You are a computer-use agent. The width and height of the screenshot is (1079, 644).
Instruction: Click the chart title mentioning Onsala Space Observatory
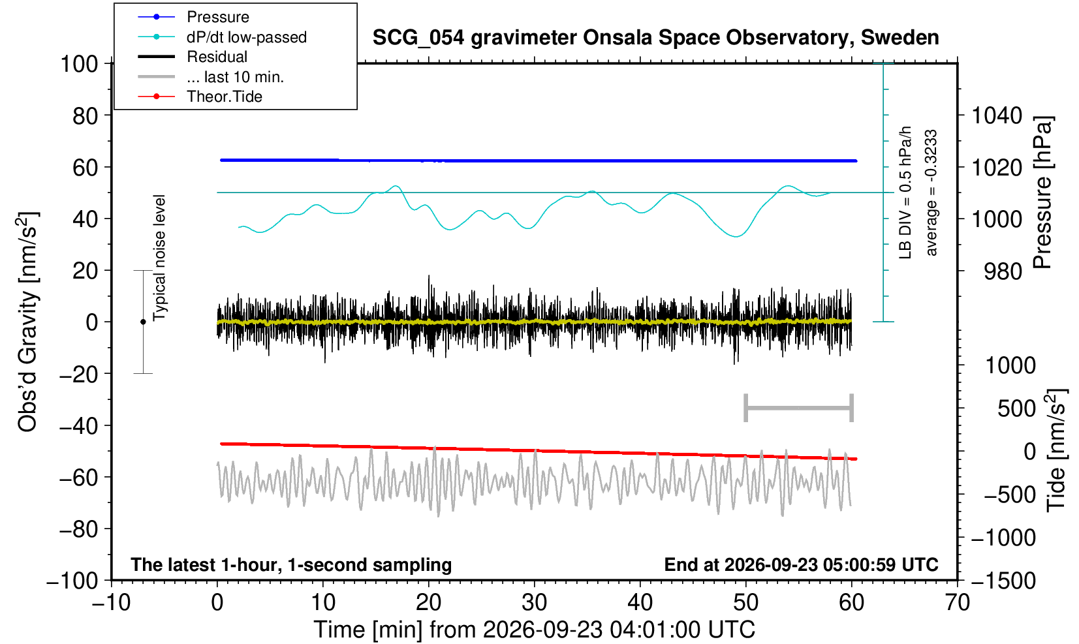click(655, 38)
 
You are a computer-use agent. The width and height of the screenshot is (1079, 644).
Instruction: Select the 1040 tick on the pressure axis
click(997, 115)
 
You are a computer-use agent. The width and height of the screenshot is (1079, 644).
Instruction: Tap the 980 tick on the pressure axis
click(1003, 271)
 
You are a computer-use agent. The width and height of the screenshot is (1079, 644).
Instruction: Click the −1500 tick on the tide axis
click(1003, 581)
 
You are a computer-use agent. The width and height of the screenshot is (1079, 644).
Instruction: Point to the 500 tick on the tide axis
click(1016, 408)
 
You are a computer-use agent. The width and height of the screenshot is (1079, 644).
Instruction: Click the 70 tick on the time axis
click(957, 603)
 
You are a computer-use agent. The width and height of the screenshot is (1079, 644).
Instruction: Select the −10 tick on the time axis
click(111, 603)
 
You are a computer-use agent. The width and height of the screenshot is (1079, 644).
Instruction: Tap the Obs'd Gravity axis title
click(28, 322)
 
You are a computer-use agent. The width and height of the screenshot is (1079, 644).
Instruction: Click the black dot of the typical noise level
click(143, 322)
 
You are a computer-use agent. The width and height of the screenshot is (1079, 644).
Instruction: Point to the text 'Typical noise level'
click(159, 258)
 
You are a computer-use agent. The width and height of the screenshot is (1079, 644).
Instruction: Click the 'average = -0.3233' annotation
click(931, 192)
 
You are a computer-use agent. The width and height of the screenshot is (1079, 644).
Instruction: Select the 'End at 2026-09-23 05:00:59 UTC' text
click(801, 564)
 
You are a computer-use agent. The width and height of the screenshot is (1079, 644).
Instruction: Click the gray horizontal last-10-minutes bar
click(799, 408)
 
